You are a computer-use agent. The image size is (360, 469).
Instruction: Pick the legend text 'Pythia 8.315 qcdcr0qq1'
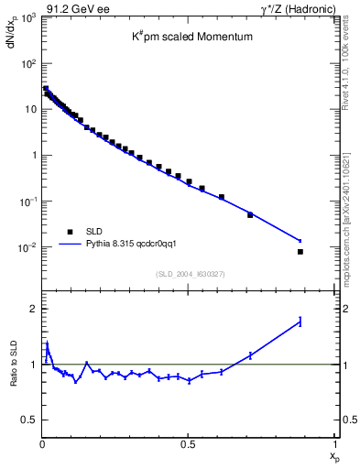(138, 245)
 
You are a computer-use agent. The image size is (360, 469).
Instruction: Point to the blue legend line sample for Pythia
(71, 245)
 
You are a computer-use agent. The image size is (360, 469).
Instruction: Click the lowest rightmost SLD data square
(300, 251)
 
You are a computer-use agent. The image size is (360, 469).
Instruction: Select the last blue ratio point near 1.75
(300, 322)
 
